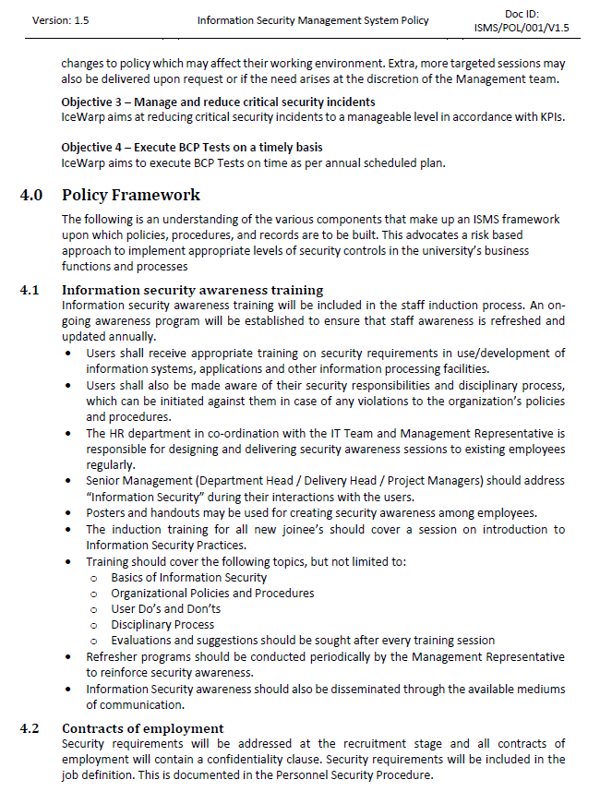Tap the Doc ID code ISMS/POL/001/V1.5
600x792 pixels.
point(522,28)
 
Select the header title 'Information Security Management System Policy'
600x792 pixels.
point(313,20)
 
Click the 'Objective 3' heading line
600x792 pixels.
point(218,102)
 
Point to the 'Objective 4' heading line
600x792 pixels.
point(191,148)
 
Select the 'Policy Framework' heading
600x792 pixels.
point(131,195)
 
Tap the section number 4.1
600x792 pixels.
point(30,290)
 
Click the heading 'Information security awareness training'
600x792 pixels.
point(192,290)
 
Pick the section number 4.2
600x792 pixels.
point(30,728)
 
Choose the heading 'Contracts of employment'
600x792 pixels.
point(143,728)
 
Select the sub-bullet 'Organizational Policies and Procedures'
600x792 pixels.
point(212,593)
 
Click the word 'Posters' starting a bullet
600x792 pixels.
point(107,512)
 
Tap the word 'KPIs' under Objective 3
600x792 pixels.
point(550,117)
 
